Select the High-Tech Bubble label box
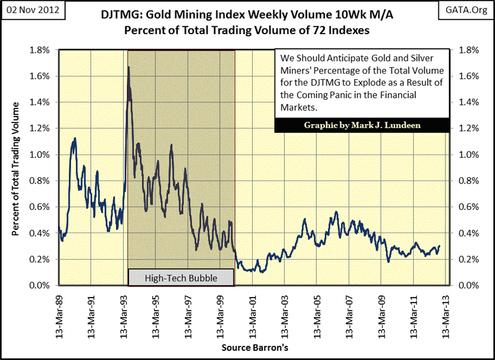[181, 278]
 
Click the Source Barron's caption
[255, 347]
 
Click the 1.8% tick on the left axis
[41, 50]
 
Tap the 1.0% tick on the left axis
[41, 155]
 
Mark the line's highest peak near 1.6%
[129, 68]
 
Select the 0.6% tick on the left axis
[41, 207]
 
